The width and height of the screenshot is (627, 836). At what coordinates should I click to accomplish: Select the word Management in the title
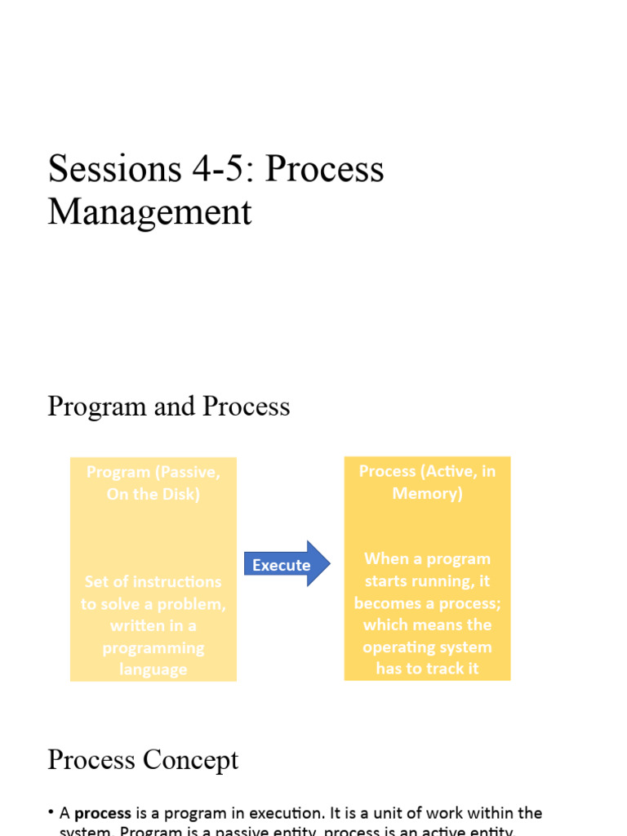[x=149, y=212]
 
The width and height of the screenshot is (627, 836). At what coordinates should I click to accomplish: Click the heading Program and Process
[x=168, y=406]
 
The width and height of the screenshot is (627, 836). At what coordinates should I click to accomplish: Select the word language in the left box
[x=153, y=669]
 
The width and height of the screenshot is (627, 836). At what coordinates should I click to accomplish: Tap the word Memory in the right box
[x=427, y=493]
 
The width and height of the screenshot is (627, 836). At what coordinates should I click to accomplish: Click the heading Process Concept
[x=143, y=759]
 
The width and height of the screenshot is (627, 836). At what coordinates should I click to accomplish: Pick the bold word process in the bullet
[x=103, y=813]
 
